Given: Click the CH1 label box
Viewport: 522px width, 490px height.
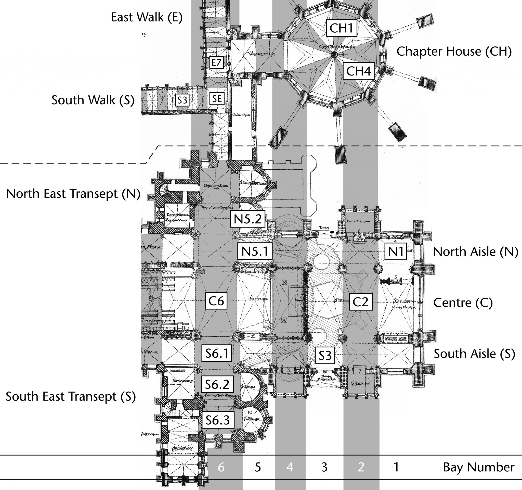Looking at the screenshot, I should point(341,28).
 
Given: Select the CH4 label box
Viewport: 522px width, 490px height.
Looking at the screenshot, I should point(358,71).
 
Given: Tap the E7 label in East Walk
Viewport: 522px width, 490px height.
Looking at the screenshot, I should point(217,62).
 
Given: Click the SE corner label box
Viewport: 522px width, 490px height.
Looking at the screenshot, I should point(217,99).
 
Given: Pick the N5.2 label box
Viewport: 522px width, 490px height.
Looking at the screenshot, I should point(247,219).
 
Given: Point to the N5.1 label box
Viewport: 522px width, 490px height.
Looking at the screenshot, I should point(255,252).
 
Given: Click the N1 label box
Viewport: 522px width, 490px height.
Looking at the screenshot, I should point(396,252).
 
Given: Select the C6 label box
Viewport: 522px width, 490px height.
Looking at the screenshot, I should point(216,301).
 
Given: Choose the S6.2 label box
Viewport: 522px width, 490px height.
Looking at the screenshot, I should point(217,384).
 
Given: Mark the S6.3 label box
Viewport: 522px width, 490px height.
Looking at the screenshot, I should point(218,420).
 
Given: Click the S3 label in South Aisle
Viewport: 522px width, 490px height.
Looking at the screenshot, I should point(325,356).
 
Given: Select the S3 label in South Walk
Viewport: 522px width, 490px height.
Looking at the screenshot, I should point(182,100).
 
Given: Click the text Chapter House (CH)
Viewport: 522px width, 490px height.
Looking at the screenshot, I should point(454,52).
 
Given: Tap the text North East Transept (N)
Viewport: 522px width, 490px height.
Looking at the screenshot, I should point(73,194).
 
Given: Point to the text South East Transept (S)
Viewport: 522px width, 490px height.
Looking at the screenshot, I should point(71,396).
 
